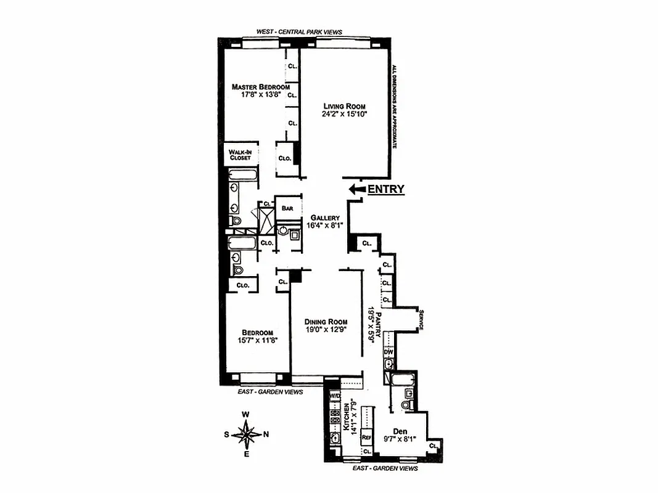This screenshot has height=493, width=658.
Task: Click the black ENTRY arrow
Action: (356, 190)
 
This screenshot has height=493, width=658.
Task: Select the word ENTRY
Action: (386, 190)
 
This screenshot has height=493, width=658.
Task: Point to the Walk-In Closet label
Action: (239, 154)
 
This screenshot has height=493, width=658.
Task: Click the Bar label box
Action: (287, 208)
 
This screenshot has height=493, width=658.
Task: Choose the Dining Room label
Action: (326, 322)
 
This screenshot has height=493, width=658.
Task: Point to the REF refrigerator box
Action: (366, 437)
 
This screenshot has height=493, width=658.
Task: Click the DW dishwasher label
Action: (389, 352)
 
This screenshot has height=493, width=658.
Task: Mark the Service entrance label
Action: (419, 320)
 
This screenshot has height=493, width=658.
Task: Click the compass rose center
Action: (246, 434)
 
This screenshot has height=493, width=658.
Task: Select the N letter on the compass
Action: (266, 434)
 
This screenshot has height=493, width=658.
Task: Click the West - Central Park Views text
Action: (299, 32)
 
